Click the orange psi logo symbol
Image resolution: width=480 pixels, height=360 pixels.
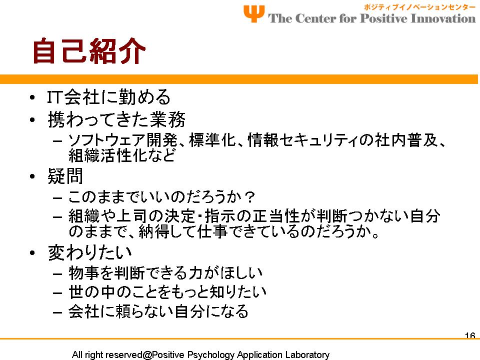[254, 14]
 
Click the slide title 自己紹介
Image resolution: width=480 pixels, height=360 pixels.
[89, 51]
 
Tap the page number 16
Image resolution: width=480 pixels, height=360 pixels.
[470, 335]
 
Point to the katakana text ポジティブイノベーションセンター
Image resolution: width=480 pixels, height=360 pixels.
[419, 7]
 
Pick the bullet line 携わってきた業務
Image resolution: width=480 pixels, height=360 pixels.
[116, 119]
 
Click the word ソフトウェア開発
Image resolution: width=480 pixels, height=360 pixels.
[122, 140]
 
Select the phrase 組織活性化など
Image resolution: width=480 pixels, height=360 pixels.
[122, 155]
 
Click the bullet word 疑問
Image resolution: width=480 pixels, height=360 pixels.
[65, 176]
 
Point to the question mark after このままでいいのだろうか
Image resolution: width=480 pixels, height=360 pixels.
[250, 197]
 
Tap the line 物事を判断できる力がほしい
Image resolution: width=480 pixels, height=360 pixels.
[165, 273]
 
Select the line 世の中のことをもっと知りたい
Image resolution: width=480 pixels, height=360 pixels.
[167, 291]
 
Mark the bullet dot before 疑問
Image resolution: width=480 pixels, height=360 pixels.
[32, 176]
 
